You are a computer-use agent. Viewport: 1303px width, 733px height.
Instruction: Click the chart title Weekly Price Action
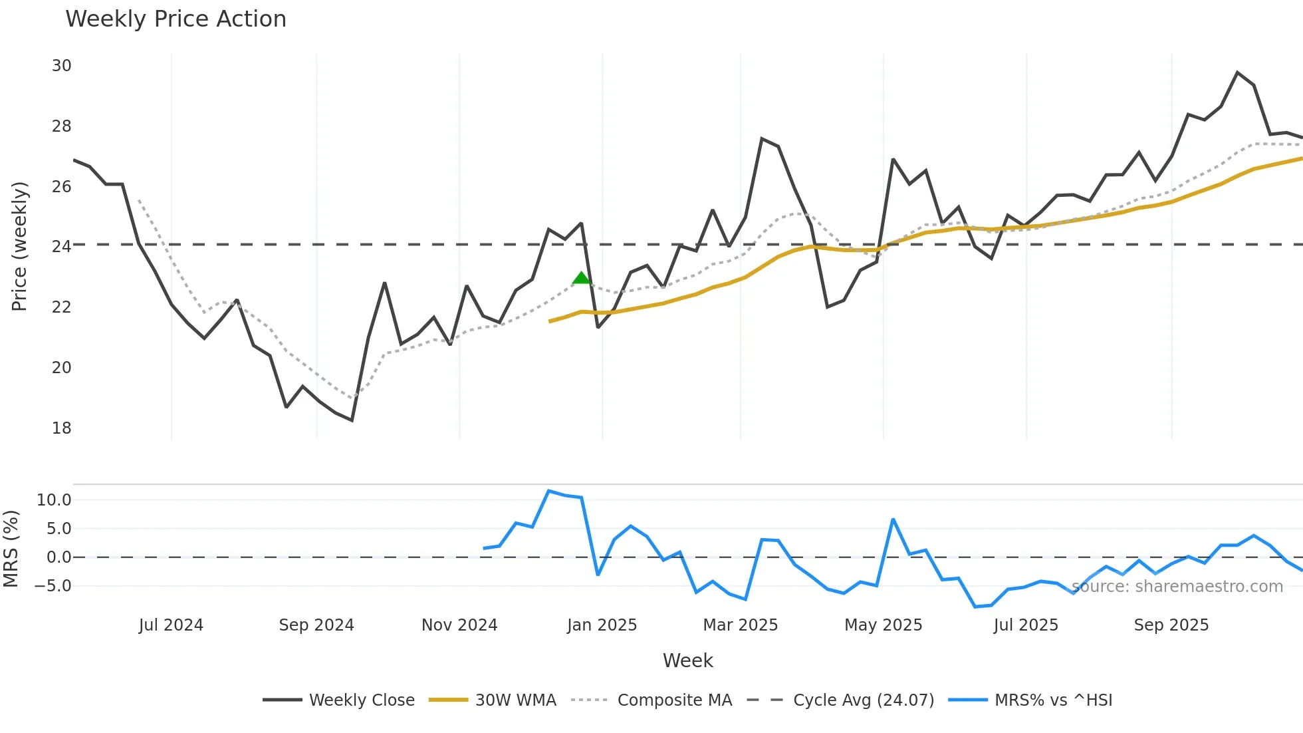click(176, 19)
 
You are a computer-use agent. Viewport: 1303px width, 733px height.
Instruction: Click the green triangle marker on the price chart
click(581, 278)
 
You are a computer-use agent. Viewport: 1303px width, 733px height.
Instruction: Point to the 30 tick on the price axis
click(62, 66)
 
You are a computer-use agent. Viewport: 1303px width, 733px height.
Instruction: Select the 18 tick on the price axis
click(62, 428)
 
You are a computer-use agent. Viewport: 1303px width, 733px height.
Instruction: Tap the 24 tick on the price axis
click(62, 247)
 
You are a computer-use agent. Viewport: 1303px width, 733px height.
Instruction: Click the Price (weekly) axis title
click(19, 246)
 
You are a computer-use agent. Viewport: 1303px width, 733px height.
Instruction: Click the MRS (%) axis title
click(11, 549)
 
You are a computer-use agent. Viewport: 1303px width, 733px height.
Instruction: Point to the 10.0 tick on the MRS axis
click(54, 500)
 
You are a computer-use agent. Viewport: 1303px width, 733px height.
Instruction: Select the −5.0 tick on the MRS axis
click(53, 586)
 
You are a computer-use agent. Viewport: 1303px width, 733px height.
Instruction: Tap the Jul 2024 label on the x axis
click(171, 625)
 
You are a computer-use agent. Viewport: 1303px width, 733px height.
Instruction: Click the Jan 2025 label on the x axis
click(602, 625)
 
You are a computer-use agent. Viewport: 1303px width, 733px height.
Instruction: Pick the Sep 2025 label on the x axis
click(1171, 625)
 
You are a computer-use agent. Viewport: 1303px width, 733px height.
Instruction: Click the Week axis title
click(687, 660)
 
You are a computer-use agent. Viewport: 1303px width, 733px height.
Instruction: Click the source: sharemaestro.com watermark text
click(1177, 587)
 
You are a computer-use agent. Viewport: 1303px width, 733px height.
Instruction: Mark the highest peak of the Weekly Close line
click(1237, 73)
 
